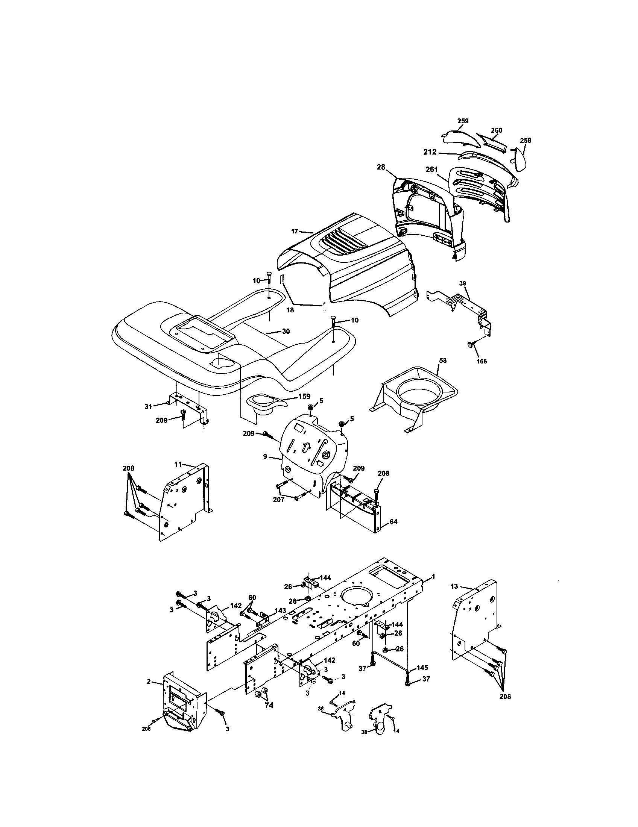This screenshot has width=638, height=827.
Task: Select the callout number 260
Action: [x=496, y=130]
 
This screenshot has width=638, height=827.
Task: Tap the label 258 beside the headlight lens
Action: [x=525, y=141]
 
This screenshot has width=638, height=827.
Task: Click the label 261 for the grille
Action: [x=431, y=170]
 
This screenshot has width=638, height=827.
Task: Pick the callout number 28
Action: [x=381, y=167]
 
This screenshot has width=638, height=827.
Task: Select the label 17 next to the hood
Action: [x=295, y=231]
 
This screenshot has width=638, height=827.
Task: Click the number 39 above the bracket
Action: [x=463, y=283]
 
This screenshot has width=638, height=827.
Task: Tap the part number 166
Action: [x=481, y=361]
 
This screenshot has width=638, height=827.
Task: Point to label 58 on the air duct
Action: [x=442, y=360]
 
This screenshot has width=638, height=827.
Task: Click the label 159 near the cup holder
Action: [x=304, y=397]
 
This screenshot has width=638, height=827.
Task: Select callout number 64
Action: [x=393, y=522]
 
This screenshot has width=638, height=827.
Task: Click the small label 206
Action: [x=146, y=740]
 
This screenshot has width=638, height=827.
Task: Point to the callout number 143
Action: [x=280, y=611]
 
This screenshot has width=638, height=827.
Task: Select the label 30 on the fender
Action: [x=286, y=331]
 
